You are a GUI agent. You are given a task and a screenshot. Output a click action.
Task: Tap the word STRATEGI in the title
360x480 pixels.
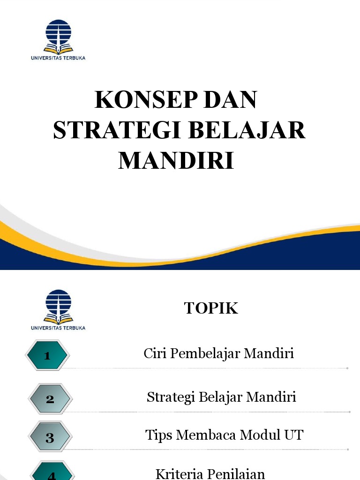click(117, 130)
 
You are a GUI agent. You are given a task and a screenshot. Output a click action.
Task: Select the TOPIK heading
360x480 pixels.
click(211, 308)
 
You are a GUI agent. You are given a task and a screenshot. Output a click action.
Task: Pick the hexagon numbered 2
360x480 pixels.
click(50, 399)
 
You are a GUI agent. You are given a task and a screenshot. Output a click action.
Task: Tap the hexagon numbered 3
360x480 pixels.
click(50, 438)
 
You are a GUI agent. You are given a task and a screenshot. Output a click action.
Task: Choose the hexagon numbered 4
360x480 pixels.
click(51, 472)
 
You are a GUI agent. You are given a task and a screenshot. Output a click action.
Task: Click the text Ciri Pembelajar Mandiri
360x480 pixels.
click(218, 353)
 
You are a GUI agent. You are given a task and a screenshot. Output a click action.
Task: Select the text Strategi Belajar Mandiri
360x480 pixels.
click(221, 397)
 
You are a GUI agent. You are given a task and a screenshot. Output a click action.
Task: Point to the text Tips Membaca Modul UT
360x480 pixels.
click(224, 435)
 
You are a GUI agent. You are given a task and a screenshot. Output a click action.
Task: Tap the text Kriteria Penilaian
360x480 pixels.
click(210, 473)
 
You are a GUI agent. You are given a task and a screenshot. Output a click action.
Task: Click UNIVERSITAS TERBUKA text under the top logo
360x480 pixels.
click(58, 58)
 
